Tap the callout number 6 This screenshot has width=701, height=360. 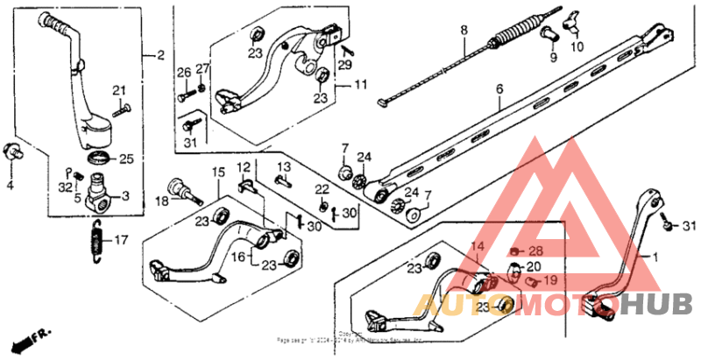tap(500, 88)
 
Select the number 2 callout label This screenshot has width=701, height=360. tap(160, 56)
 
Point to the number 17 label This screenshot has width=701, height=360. tap(121, 238)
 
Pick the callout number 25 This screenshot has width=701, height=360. tap(125, 159)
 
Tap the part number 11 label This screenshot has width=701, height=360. tap(359, 85)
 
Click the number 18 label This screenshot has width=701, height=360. tap(161, 201)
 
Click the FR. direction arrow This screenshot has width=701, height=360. tap(30, 338)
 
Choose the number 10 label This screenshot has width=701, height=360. tap(577, 46)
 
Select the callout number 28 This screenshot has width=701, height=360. tap(536, 251)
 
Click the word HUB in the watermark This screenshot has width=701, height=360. tap(668, 304)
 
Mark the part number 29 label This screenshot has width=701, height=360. tap(344, 66)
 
